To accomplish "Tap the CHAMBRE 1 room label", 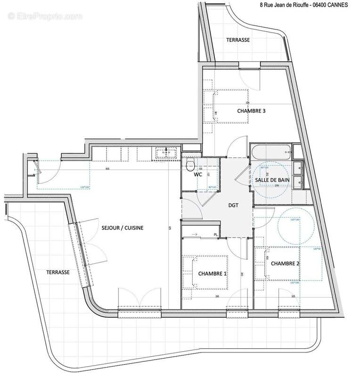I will coord(212,274).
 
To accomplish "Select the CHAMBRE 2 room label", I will coord(286,263).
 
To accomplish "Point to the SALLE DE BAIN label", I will coord(272,180).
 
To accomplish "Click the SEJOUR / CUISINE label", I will coord(122,228).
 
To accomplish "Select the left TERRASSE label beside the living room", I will coord(58,272).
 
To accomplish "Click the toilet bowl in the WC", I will coord(191,164).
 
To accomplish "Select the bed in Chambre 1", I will coord(206,272).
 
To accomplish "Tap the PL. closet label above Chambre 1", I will coord(216,234).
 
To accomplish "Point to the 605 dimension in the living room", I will coord(107,168).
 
